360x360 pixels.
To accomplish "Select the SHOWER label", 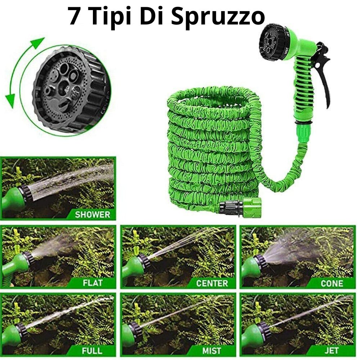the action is coord(93,215).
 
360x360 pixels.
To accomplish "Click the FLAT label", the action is coord(93,283).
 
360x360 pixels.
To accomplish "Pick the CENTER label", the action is coord(212,283).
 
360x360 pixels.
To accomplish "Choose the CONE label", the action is coord(332,283).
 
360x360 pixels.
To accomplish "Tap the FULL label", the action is coord(92,351).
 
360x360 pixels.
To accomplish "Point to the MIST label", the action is coord(212,351).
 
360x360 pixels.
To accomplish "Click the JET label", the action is coord(332,351).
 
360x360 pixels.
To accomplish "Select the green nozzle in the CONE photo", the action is coord(253,268).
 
